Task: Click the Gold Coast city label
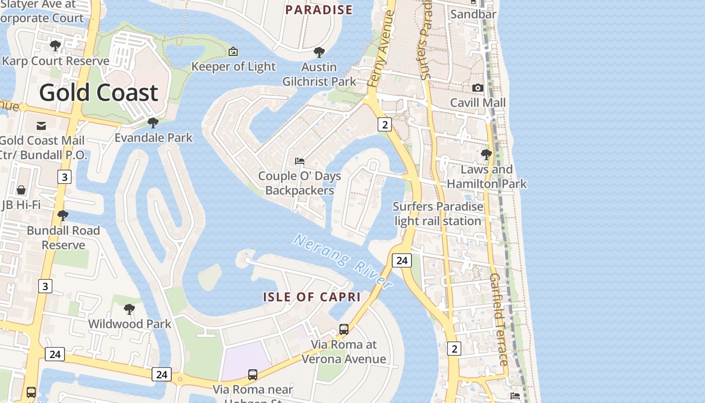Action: tap(99, 93)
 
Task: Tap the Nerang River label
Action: tap(343, 261)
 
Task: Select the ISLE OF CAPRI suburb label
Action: tap(312, 297)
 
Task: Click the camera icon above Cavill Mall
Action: tap(477, 88)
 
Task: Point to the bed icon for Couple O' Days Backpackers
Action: tap(300, 161)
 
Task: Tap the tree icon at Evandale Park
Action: tap(153, 122)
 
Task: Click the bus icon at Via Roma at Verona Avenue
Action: tap(344, 329)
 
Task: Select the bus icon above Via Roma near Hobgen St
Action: tap(253, 375)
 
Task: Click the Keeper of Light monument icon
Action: tap(233, 51)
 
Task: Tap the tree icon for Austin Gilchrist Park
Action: tap(319, 52)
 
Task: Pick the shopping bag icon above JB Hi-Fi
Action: tap(21, 190)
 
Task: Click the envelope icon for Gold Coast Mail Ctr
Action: tap(41, 125)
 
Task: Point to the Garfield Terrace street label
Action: tap(499, 319)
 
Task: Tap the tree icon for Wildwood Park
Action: tap(129, 309)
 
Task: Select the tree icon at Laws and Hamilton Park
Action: tap(486, 154)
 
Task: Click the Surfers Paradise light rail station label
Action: tap(438, 214)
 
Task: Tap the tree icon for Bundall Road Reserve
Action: tap(63, 216)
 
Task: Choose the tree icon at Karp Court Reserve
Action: tap(55, 46)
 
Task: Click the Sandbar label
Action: tap(473, 14)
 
